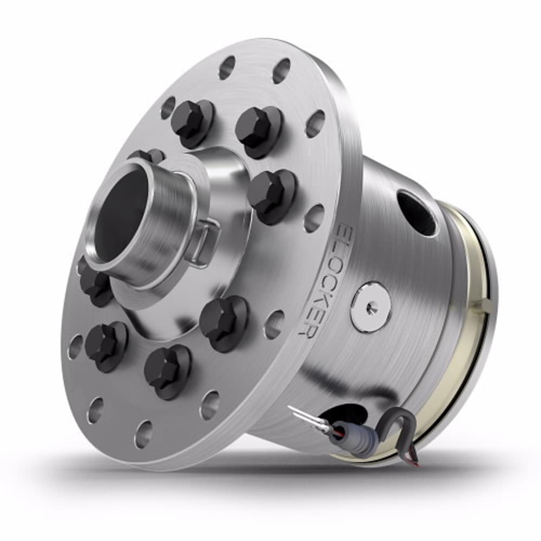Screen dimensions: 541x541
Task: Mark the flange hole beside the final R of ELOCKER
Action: [275, 325]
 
